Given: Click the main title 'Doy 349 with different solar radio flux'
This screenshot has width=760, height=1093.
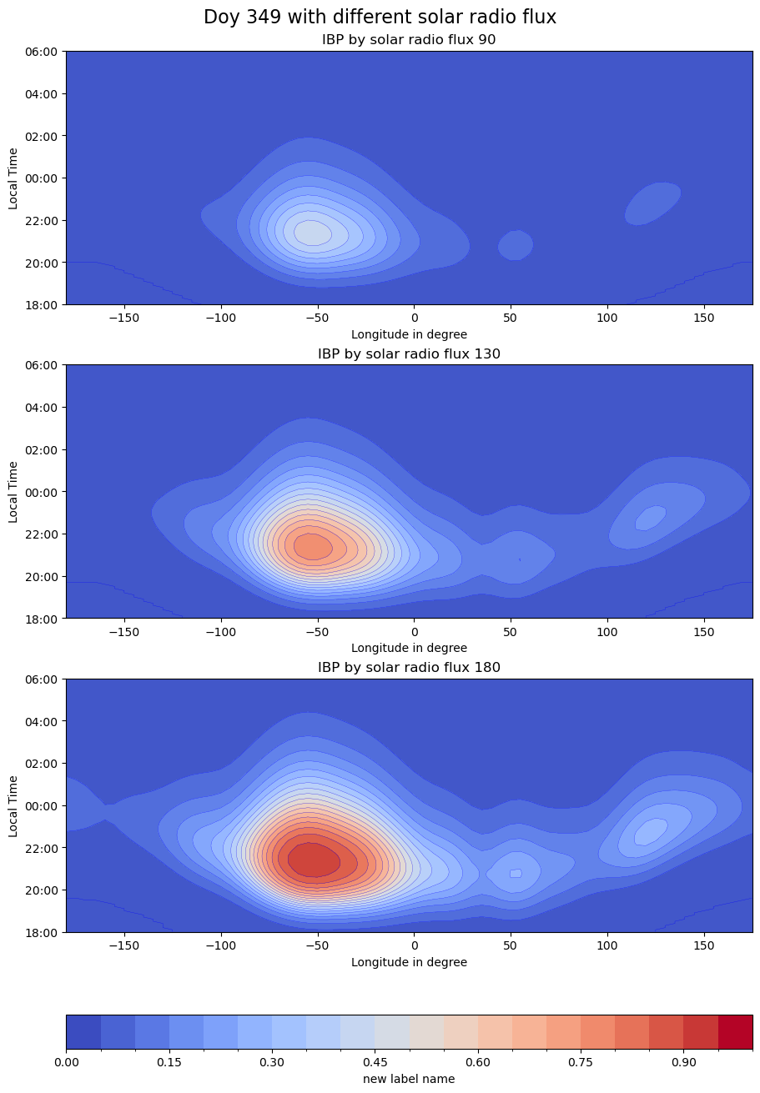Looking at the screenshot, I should pyautogui.click(x=380, y=18).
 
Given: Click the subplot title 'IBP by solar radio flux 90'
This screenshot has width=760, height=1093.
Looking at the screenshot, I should pyautogui.click(x=409, y=40).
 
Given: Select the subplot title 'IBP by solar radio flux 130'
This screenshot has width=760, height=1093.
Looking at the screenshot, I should pyautogui.click(x=409, y=354).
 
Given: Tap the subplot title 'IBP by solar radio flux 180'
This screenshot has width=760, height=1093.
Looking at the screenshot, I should pyautogui.click(x=409, y=668).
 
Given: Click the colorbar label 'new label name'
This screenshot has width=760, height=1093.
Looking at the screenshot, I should pyautogui.click(x=409, y=1079).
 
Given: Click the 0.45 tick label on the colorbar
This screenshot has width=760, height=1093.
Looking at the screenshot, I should pyautogui.click(x=375, y=1063).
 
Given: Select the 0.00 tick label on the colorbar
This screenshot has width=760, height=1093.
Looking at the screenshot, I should pyautogui.click(x=67, y=1063).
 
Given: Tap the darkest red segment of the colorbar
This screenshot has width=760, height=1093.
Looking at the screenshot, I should pyautogui.click(x=735, y=1031).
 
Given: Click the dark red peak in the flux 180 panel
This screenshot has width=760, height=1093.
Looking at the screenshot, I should pyautogui.click(x=313, y=860).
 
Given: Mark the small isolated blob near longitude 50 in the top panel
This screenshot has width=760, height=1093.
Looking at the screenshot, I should pyautogui.click(x=515, y=244).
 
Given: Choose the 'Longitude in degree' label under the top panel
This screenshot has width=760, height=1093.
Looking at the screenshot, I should pyautogui.click(x=409, y=334).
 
